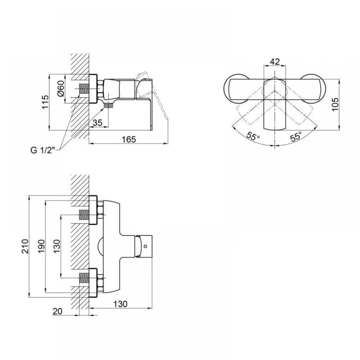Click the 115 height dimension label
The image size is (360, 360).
[x=45, y=102]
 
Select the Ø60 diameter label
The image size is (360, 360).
[x=61, y=89]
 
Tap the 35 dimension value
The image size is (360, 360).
[x=98, y=123]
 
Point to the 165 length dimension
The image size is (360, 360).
[x=129, y=139]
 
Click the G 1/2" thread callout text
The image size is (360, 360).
[x=43, y=150]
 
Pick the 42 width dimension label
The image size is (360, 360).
[x=275, y=62]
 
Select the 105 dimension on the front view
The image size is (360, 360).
[x=335, y=104]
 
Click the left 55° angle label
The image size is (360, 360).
[x=253, y=136]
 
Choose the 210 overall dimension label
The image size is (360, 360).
[x=25, y=246]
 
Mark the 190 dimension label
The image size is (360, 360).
[x=41, y=246]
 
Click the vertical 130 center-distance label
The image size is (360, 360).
[x=57, y=246]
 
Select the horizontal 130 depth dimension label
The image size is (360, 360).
[x=120, y=304]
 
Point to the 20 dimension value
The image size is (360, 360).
[x=57, y=311]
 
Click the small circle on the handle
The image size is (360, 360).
[x=145, y=246]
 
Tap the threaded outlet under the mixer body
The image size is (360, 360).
[x=109, y=105]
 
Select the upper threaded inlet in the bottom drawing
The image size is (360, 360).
[x=84, y=215]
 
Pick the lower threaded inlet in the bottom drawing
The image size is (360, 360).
[x=84, y=278]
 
